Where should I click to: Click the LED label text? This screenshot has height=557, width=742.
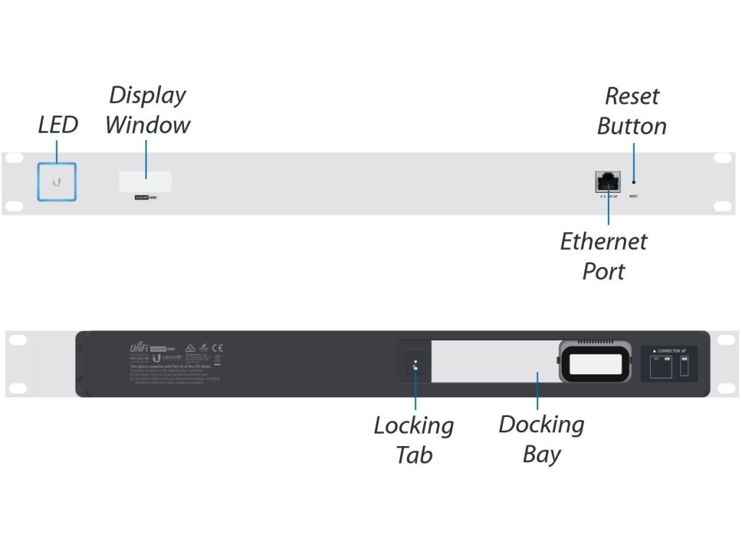pyautogui.click(x=57, y=125)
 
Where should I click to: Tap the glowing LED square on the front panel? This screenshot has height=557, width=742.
pyautogui.click(x=57, y=181)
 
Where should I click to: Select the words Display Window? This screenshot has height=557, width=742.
pyautogui.click(x=147, y=110)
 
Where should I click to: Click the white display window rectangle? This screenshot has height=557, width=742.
pyautogui.click(x=145, y=181)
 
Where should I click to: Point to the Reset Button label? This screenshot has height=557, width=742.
pyautogui.click(x=631, y=111)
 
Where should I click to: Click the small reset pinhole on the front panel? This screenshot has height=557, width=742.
pyautogui.click(x=634, y=182)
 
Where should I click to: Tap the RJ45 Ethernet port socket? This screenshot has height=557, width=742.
pyautogui.click(x=607, y=181)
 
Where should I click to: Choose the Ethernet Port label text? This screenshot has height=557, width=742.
pyautogui.click(x=603, y=256)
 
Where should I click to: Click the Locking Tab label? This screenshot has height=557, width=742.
pyautogui.click(x=414, y=440)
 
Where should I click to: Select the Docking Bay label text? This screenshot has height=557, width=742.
pyautogui.click(x=541, y=439)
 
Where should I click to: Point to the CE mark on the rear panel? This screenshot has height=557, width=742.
pyautogui.click(x=217, y=348)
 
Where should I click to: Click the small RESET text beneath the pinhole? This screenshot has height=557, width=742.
pyautogui.click(x=633, y=196)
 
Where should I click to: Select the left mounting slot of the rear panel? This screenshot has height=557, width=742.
pyautogui.click(x=17, y=339)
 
